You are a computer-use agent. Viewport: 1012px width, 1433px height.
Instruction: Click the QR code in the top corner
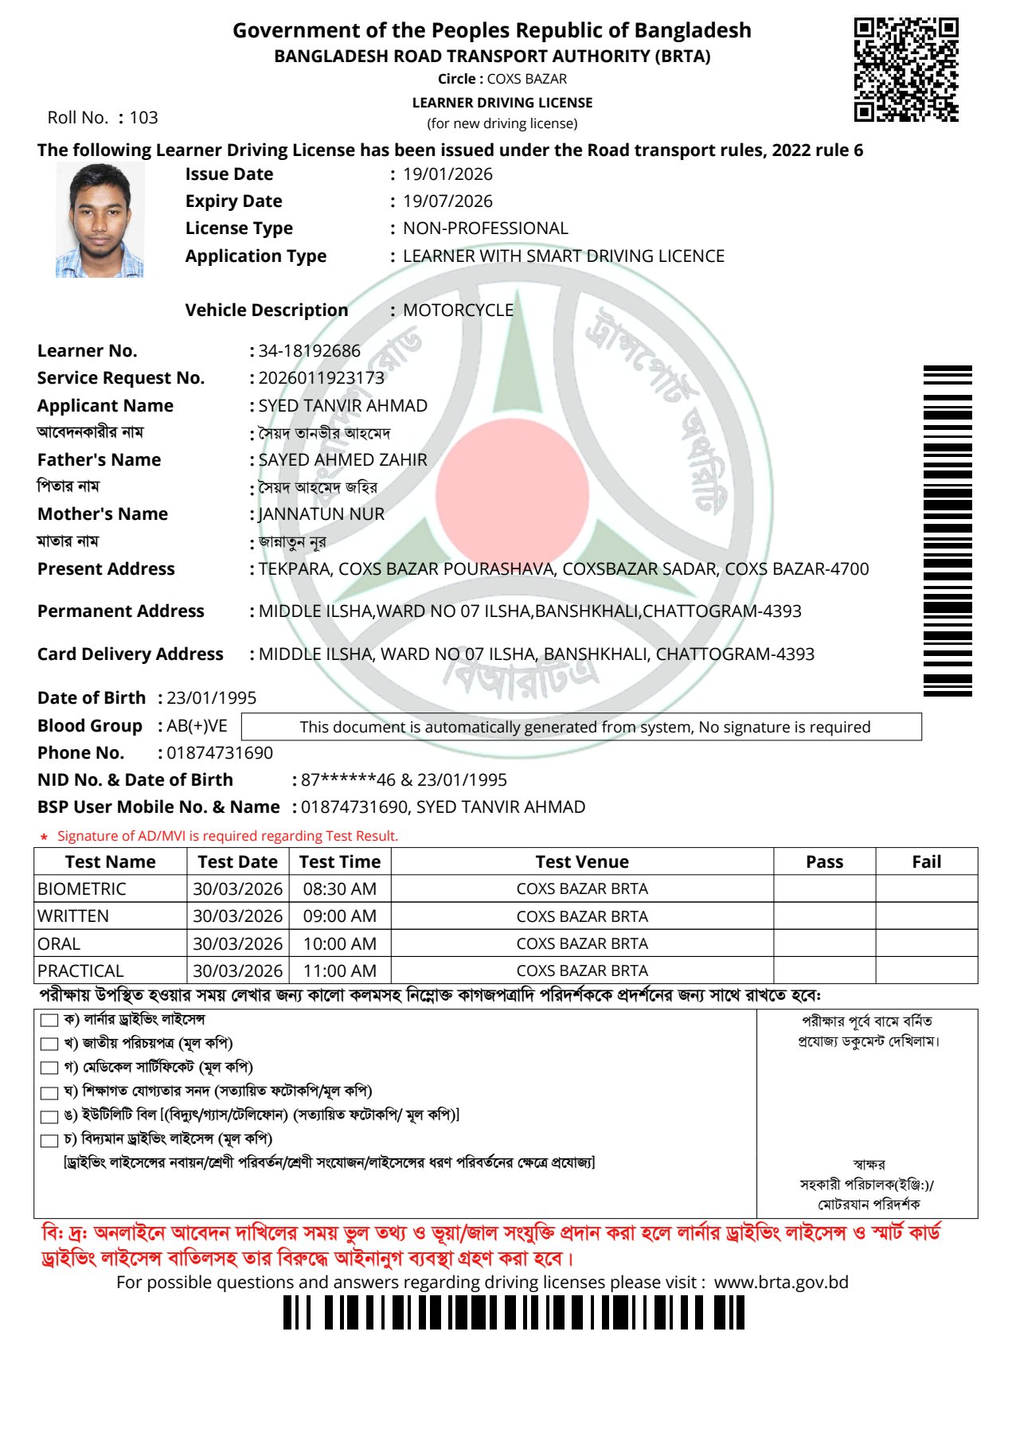(x=906, y=70)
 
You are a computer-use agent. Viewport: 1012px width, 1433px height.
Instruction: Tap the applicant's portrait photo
(x=100, y=221)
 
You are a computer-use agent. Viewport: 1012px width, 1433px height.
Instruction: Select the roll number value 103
(x=144, y=118)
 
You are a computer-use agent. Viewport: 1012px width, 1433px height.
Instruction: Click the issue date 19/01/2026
(x=447, y=174)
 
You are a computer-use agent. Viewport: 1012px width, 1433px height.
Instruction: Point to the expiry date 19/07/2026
(x=447, y=201)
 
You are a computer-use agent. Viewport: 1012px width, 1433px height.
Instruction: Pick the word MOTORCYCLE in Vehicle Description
(x=458, y=310)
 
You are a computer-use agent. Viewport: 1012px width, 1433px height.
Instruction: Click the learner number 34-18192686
(x=309, y=351)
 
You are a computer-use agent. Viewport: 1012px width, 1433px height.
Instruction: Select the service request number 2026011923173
(x=321, y=378)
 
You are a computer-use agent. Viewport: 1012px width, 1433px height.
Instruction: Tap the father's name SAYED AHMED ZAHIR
(x=342, y=460)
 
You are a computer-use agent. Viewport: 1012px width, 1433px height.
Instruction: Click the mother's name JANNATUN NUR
(x=321, y=514)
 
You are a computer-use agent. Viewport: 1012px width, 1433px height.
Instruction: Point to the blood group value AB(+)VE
(x=197, y=726)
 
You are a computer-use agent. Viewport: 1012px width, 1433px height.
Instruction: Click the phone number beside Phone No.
(x=219, y=753)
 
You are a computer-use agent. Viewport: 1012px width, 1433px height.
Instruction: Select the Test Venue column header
(x=582, y=862)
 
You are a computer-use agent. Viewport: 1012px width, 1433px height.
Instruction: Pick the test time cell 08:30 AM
(x=339, y=889)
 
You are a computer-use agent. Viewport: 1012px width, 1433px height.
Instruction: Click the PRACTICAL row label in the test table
(x=80, y=971)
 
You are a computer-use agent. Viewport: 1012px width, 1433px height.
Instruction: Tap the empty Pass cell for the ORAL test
(x=824, y=943)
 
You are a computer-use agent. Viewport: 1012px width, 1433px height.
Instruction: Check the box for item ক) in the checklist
(x=49, y=1021)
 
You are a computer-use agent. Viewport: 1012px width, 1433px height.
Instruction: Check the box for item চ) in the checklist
(x=49, y=1141)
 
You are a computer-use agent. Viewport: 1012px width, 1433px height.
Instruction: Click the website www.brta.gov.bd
(x=780, y=1283)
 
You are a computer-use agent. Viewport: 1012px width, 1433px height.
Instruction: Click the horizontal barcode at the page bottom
(x=514, y=1312)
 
